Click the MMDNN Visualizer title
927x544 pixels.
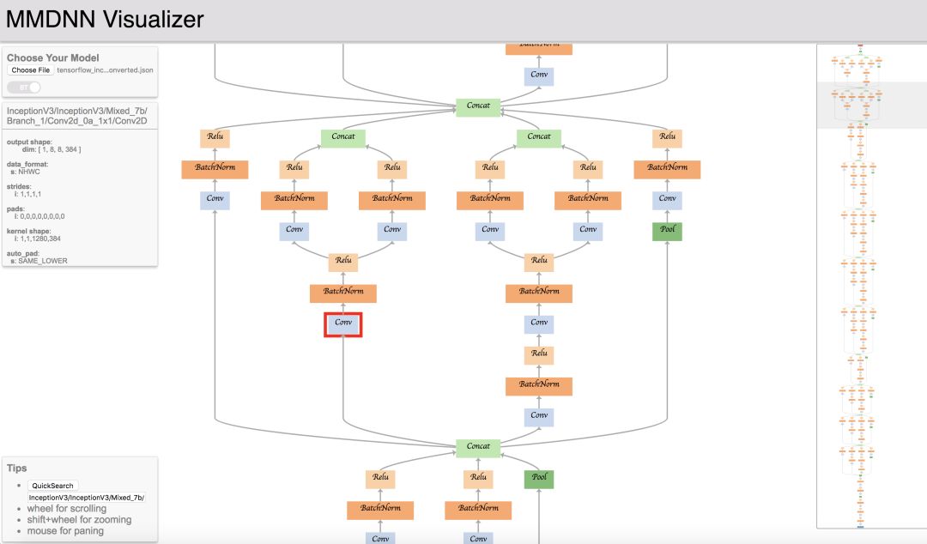[105, 19]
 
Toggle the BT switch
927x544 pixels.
[24, 87]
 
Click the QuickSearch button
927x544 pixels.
[52, 486]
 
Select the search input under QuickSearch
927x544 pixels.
[86, 498]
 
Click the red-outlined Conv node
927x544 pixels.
[343, 323]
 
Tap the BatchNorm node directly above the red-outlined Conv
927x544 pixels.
[343, 292]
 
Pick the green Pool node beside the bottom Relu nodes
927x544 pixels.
[539, 478]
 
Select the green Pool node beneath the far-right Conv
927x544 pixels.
[667, 231]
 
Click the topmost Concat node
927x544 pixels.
[478, 106]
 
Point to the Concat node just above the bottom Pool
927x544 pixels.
[478, 446]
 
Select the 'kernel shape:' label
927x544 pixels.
[32, 231]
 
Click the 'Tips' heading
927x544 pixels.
[17, 468]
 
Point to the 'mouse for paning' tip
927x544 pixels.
[64, 531]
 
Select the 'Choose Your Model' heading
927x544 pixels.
[53, 58]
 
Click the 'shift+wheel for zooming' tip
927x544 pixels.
[78, 520]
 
